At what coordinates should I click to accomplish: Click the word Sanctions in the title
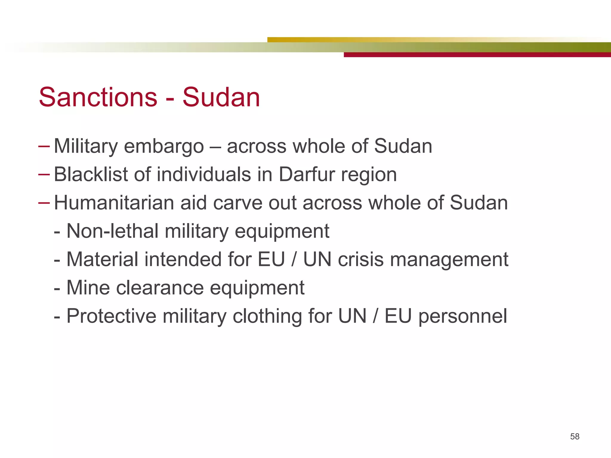(98, 97)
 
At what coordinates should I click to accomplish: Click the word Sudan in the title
(221, 97)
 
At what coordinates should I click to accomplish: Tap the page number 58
(575, 437)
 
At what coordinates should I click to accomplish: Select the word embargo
(164, 146)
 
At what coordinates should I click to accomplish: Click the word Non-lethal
(112, 231)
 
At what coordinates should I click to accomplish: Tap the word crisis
(361, 259)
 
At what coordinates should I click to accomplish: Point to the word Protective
(111, 316)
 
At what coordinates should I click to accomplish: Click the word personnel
(462, 317)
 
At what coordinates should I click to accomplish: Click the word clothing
(267, 317)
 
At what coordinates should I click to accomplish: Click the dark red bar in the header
(477, 55)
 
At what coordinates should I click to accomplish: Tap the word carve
(237, 203)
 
